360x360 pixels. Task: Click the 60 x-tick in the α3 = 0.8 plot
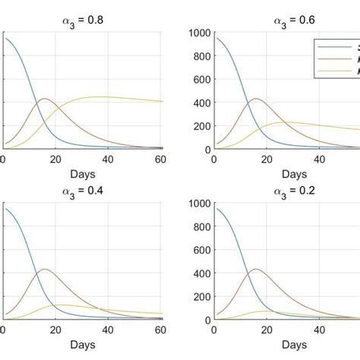[161, 159]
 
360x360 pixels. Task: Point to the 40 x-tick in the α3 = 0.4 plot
[109, 330]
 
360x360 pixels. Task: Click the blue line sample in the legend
[334, 47]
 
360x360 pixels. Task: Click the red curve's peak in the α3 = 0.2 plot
[254, 269]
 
